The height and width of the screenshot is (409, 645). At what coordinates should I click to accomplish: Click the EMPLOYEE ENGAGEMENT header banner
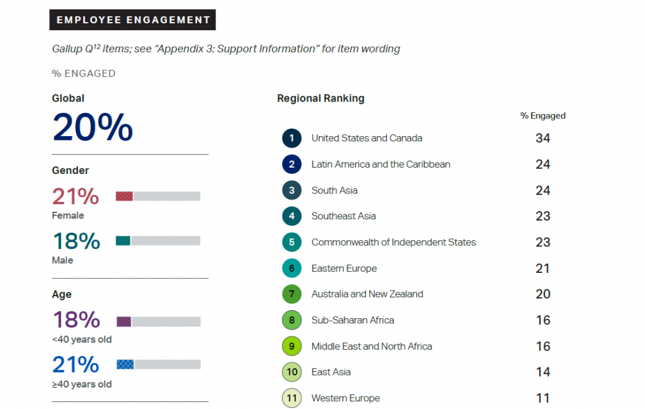click(133, 20)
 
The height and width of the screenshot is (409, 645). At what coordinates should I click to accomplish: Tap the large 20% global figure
click(93, 127)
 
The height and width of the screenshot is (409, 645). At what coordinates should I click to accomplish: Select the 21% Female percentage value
click(76, 197)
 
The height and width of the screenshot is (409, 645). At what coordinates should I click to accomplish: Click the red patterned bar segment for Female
click(124, 196)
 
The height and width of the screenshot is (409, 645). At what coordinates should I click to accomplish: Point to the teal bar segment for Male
click(123, 241)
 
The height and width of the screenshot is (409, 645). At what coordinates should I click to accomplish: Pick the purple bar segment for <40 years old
click(123, 321)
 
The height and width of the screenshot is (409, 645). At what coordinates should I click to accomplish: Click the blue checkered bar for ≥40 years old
click(125, 364)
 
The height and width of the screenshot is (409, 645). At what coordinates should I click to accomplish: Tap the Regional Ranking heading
click(321, 98)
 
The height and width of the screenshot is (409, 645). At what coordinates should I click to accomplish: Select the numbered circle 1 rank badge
click(292, 138)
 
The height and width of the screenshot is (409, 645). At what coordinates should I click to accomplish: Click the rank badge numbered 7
click(292, 294)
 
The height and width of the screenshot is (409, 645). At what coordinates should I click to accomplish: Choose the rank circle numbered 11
click(292, 398)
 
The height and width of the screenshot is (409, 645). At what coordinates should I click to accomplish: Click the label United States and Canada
click(367, 138)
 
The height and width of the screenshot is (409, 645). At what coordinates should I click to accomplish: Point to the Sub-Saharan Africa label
click(353, 320)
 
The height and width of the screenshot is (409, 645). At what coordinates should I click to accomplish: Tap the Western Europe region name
click(346, 398)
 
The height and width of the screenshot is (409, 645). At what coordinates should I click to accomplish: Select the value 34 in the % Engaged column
click(542, 138)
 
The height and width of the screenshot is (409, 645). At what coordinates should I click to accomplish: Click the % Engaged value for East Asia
click(542, 372)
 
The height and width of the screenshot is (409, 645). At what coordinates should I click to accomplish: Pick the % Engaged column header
click(542, 116)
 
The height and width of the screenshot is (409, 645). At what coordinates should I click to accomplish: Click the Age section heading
click(62, 294)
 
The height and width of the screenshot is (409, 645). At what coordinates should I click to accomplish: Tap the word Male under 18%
click(62, 260)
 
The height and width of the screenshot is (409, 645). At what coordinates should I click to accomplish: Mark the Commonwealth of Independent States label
click(394, 242)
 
